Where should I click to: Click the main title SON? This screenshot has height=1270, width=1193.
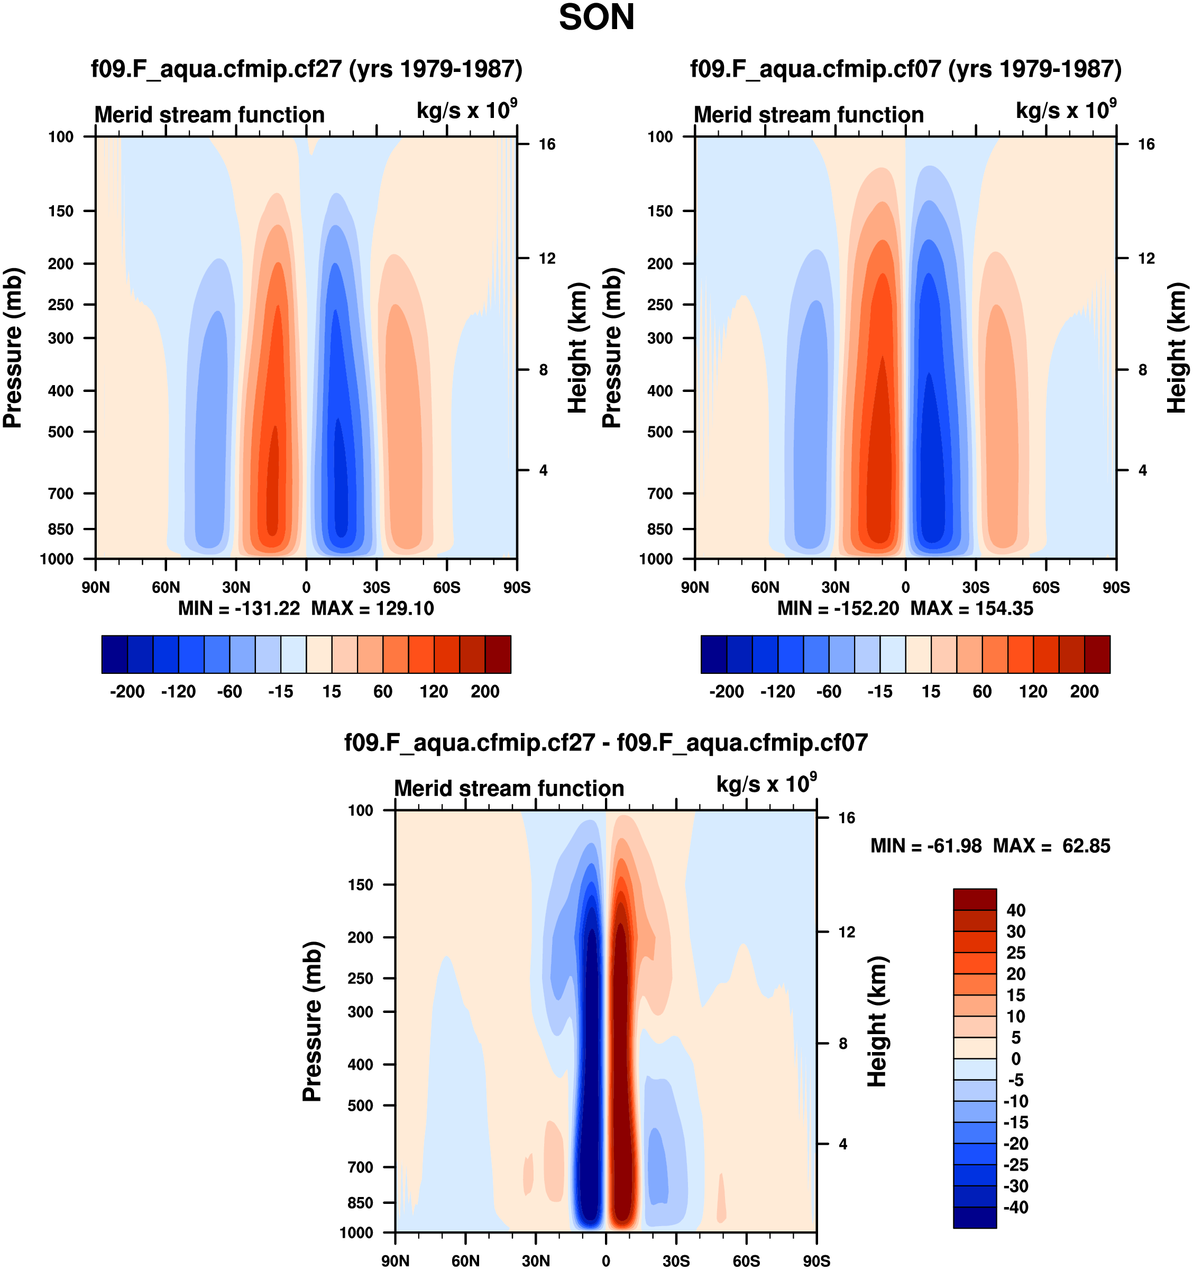[596, 18]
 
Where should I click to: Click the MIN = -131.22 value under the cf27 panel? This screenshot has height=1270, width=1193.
[239, 608]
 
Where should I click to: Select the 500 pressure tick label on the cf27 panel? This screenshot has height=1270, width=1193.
[61, 432]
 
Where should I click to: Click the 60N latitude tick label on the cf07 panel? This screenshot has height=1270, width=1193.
[765, 587]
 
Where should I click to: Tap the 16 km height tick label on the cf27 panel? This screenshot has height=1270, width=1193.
[547, 144]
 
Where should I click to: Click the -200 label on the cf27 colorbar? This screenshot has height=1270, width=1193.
[127, 691]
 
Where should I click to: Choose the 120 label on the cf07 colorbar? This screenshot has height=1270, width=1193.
[1033, 691]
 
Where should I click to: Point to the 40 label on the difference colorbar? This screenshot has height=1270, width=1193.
[1016, 910]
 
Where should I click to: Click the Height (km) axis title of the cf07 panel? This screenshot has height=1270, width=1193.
[1177, 348]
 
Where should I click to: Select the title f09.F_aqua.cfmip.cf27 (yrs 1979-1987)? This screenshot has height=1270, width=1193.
[307, 68]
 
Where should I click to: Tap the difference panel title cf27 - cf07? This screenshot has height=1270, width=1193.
[606, 742]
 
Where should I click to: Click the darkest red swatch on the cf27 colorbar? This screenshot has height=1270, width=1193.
[498, 654]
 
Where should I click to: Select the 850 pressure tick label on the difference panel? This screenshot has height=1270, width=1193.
[360, 1203]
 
